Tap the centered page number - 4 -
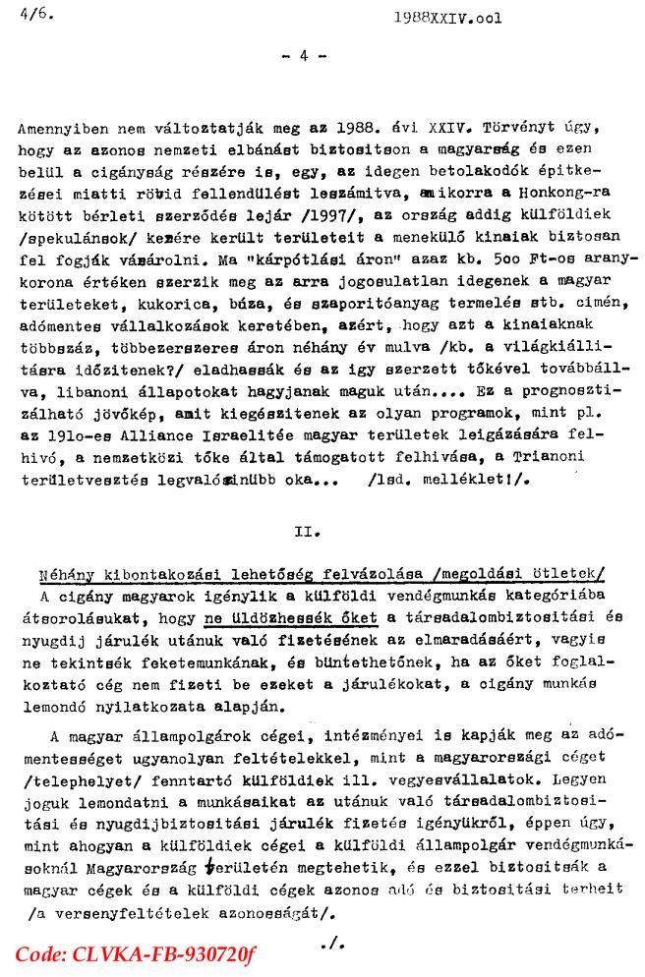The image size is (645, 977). click(304, 56)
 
